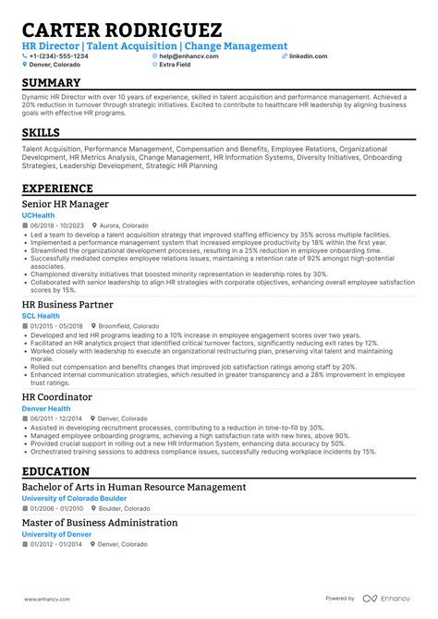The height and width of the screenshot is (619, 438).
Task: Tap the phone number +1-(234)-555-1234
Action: (58, 56)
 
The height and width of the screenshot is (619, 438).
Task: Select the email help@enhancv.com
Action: (189, 56)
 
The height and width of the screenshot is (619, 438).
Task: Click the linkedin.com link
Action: (308, 56)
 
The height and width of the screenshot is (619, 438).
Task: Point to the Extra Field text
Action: (176, 66)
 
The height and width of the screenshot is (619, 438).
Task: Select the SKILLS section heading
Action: (43, 134)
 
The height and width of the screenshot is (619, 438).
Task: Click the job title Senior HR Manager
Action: (65, 204)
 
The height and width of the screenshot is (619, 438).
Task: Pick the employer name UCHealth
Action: (39, 215)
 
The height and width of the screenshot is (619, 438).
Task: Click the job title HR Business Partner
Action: (68, 304)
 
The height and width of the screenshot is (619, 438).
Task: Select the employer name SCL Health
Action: (42, 315)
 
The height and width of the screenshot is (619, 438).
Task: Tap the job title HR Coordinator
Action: (58, 396)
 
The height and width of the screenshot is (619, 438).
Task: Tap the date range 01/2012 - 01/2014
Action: (55, 544)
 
